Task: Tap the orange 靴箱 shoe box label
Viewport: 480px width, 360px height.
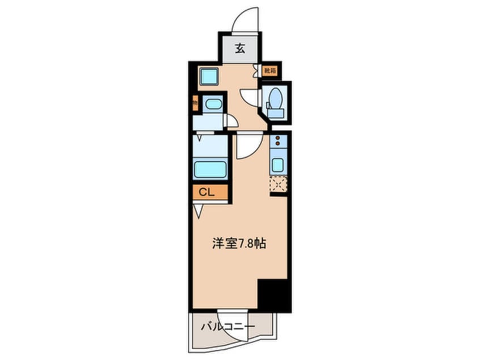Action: tap(270, 72)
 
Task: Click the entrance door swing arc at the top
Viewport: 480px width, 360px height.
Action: tap(246, 20)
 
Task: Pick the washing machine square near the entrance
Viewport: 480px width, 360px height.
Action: tap(209, 76)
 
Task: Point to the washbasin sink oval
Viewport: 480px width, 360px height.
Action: tap(213, 104)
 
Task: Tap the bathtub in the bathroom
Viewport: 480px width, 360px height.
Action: tap(210, 169)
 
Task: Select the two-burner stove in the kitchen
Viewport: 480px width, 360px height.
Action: tap(278, 141)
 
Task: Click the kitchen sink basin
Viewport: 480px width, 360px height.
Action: tap(278, 165)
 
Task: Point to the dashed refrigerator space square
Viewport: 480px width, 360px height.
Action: tap(278, 183)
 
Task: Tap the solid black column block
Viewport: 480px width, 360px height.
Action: tap(274, 295)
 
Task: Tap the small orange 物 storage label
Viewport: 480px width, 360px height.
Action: tap(195, 104)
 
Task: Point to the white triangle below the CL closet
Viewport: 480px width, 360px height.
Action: tap(197, 211)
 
